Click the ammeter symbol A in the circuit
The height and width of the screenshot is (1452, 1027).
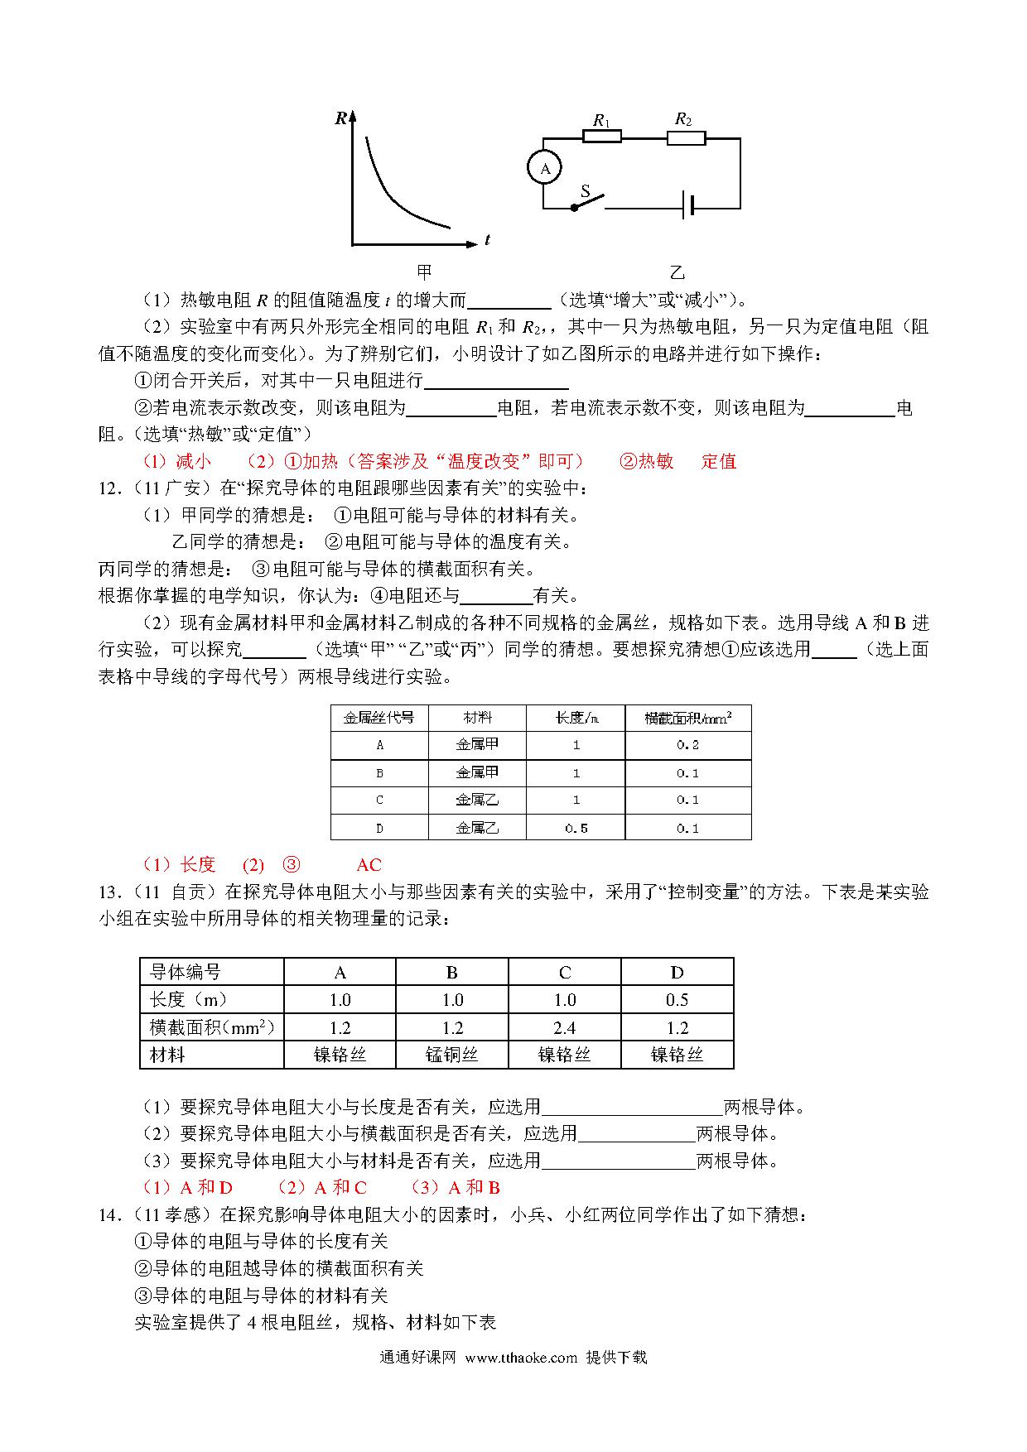point(545,168)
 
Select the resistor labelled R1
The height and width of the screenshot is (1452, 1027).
point(602,137)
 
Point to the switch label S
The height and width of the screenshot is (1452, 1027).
point(585,192)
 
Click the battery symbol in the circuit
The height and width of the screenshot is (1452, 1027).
point(687,207)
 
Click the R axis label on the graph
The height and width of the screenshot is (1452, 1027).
point(340,118)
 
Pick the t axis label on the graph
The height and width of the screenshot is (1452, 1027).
point(487,241)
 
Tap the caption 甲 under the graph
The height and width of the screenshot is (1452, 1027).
point(424,272)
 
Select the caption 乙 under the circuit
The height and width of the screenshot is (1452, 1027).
point(677,272)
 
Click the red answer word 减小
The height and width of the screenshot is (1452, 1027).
point(193,462)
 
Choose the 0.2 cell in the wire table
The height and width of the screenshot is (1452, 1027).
point(687,745)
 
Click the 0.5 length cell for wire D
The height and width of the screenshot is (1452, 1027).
point(576,828)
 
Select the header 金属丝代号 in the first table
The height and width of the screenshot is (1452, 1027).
point(379,718)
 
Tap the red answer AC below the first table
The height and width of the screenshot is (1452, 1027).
point(369,865)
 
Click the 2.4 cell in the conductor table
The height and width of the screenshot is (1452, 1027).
point(564,1027)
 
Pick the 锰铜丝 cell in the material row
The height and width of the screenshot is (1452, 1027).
point(451,1055)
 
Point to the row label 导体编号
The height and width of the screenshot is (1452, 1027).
point(186,973)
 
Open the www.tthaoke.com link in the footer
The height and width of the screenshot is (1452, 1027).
point(521,1358)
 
